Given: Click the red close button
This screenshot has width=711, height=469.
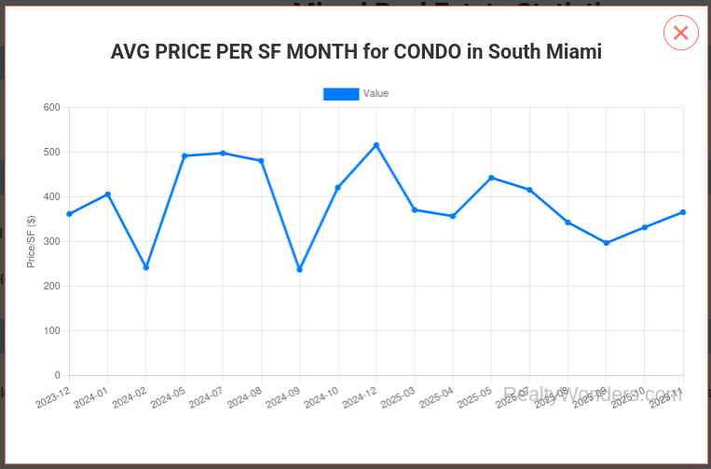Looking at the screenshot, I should coord(680,33).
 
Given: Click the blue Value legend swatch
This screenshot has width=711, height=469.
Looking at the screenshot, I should coord(340,94).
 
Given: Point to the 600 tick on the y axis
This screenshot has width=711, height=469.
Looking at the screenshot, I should coord(52,108).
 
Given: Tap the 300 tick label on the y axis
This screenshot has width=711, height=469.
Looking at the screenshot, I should coord(52,242).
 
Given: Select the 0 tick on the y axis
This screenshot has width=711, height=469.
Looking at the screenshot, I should coord(57,375).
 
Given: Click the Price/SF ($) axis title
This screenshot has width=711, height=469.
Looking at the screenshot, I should coord(32,242).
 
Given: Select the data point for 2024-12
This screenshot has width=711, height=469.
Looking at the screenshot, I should coord(376,145).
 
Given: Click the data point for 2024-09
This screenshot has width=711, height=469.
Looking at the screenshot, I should coord(299,270).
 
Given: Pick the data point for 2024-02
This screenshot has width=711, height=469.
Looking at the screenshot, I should coord(146,267).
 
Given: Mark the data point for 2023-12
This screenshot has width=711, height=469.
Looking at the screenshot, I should coord(70,214).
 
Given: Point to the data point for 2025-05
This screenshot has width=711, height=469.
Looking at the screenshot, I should coord(491,178).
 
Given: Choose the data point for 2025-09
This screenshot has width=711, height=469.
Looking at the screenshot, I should coord(607,243).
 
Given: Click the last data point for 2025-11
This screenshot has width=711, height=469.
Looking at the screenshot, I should coord(683,212).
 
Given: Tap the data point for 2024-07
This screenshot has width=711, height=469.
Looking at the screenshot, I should coord(223,153).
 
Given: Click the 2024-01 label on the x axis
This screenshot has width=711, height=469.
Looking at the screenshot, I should coord(91,397).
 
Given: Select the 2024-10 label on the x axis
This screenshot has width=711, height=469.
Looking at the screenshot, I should coord(321,397).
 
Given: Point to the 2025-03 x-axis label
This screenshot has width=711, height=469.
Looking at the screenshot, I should coord(398,397).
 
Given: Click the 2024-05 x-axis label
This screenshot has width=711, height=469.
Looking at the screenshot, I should coord(168,397).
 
